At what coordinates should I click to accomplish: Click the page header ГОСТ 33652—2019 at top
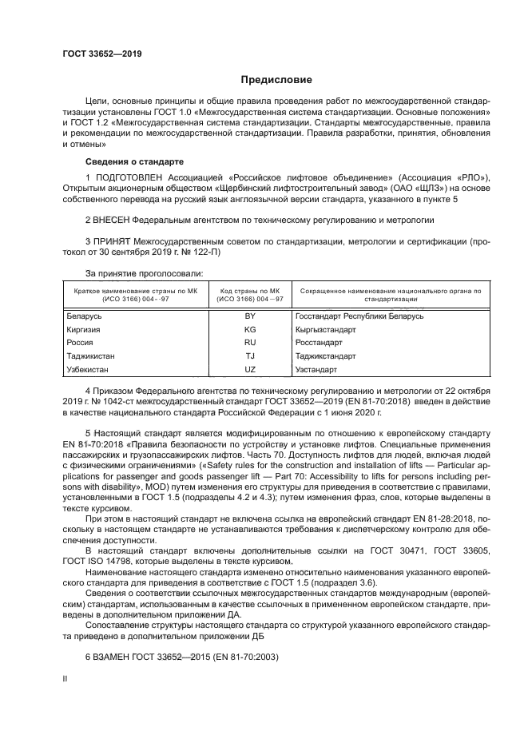[102, 54]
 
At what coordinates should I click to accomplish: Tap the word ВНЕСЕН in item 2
[113, 217]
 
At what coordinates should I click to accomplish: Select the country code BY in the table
[249, 316]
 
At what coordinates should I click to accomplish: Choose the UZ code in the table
[249, 370]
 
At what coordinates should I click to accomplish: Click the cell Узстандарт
[316, 370]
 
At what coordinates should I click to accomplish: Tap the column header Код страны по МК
[248, 292]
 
